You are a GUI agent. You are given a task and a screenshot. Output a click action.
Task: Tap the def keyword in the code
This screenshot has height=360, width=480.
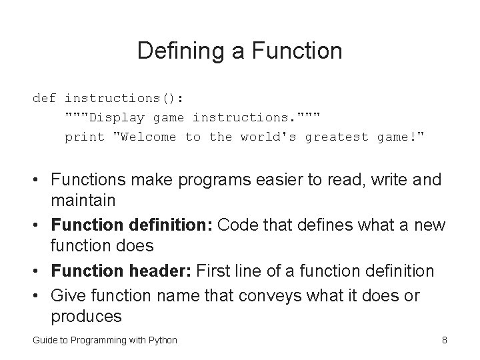44,98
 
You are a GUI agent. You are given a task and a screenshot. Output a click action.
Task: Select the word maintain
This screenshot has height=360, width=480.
83,200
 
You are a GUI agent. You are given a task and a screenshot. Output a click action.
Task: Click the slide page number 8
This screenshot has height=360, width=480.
444,340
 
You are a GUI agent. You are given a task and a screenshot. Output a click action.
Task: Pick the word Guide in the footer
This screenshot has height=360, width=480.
44,340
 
